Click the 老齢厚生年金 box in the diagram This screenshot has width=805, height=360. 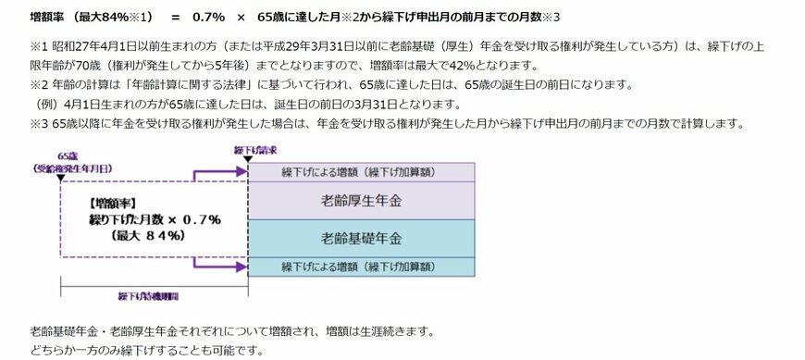pyautogui.click(x=361, y=199)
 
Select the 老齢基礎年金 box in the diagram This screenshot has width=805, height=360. pyautogui.click(x=361, y=238)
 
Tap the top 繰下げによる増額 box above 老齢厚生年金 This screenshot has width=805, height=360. pyautogui.click(x=361, y=173)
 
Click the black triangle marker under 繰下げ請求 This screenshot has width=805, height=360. pyautogui.click(x=247, y=160)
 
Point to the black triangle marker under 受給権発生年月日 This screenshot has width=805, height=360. pyautogui.click(x=61, y=181)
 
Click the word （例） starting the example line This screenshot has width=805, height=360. pyautogui.click(x=43, y=103)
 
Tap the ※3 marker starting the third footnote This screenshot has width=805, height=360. pyautogui.click(x=39, y=123)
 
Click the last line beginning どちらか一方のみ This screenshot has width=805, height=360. pyautogui.click(x=146, y=350)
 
